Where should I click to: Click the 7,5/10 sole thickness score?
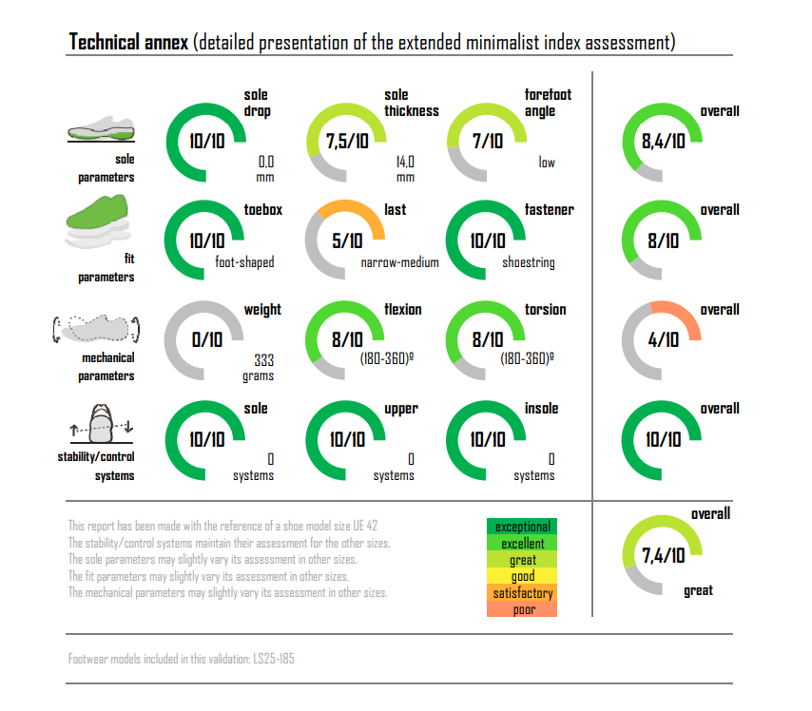click(347, 143)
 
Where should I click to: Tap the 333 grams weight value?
click(263, 368)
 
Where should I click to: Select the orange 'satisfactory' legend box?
click(522, 593)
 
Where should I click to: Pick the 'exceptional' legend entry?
click(522, 527)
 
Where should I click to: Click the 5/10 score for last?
click(346, 241)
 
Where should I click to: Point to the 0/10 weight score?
click(207, 340)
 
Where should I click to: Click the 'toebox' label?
click(262, 209)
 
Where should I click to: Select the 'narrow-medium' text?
click(399, 262)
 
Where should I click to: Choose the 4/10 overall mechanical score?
click(662, 340)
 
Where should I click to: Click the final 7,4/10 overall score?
click(662, 556)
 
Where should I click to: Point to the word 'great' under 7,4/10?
click(698, 591)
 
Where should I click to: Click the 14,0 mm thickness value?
click(405, 169)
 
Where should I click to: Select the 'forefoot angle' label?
click(548, 103)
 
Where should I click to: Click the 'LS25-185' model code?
click(275, 658)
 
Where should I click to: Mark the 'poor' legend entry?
click(522, 609)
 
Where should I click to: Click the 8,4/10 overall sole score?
click(662, 143)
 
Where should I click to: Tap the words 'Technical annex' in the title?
click(128, 43)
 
